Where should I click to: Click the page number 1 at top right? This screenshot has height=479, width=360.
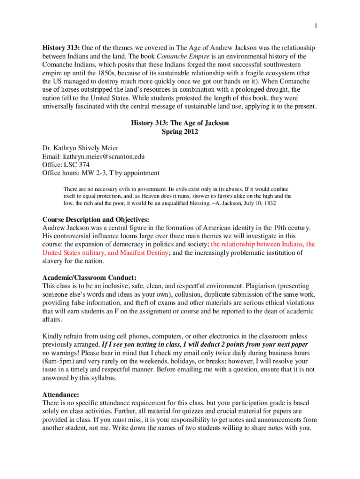click(316, 27)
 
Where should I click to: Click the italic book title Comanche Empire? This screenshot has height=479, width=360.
click(149, 56)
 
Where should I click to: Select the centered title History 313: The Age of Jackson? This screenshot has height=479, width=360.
click(180, 123)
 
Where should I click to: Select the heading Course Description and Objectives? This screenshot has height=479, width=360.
click(96, 219)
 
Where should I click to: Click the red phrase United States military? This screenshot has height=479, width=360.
click(74, 253)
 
